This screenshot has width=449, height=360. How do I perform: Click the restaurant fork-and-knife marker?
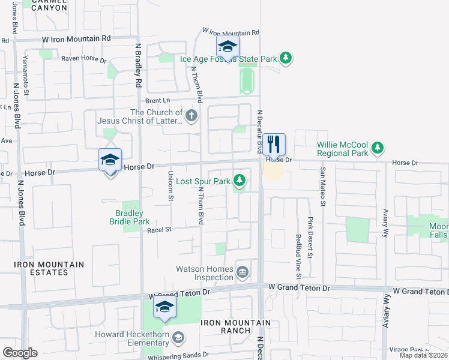274,143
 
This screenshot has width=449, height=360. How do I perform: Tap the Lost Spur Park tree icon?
240,180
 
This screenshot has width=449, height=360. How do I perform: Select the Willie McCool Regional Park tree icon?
377,147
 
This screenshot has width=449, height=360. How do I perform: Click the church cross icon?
191,116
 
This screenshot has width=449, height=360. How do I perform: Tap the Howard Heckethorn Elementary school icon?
178,338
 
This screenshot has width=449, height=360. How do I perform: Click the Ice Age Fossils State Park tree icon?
287,58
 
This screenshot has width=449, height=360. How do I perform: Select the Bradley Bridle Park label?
129,217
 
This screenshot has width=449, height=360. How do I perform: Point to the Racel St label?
160,229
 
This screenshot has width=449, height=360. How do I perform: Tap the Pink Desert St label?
310,238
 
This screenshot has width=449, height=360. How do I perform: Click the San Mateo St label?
322,187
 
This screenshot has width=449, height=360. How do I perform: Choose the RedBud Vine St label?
298,256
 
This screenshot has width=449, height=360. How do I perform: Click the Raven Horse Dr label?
83,61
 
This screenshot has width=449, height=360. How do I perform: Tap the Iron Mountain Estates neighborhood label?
42,268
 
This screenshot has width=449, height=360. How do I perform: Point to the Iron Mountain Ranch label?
235,326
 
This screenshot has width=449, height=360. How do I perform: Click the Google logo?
20,352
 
